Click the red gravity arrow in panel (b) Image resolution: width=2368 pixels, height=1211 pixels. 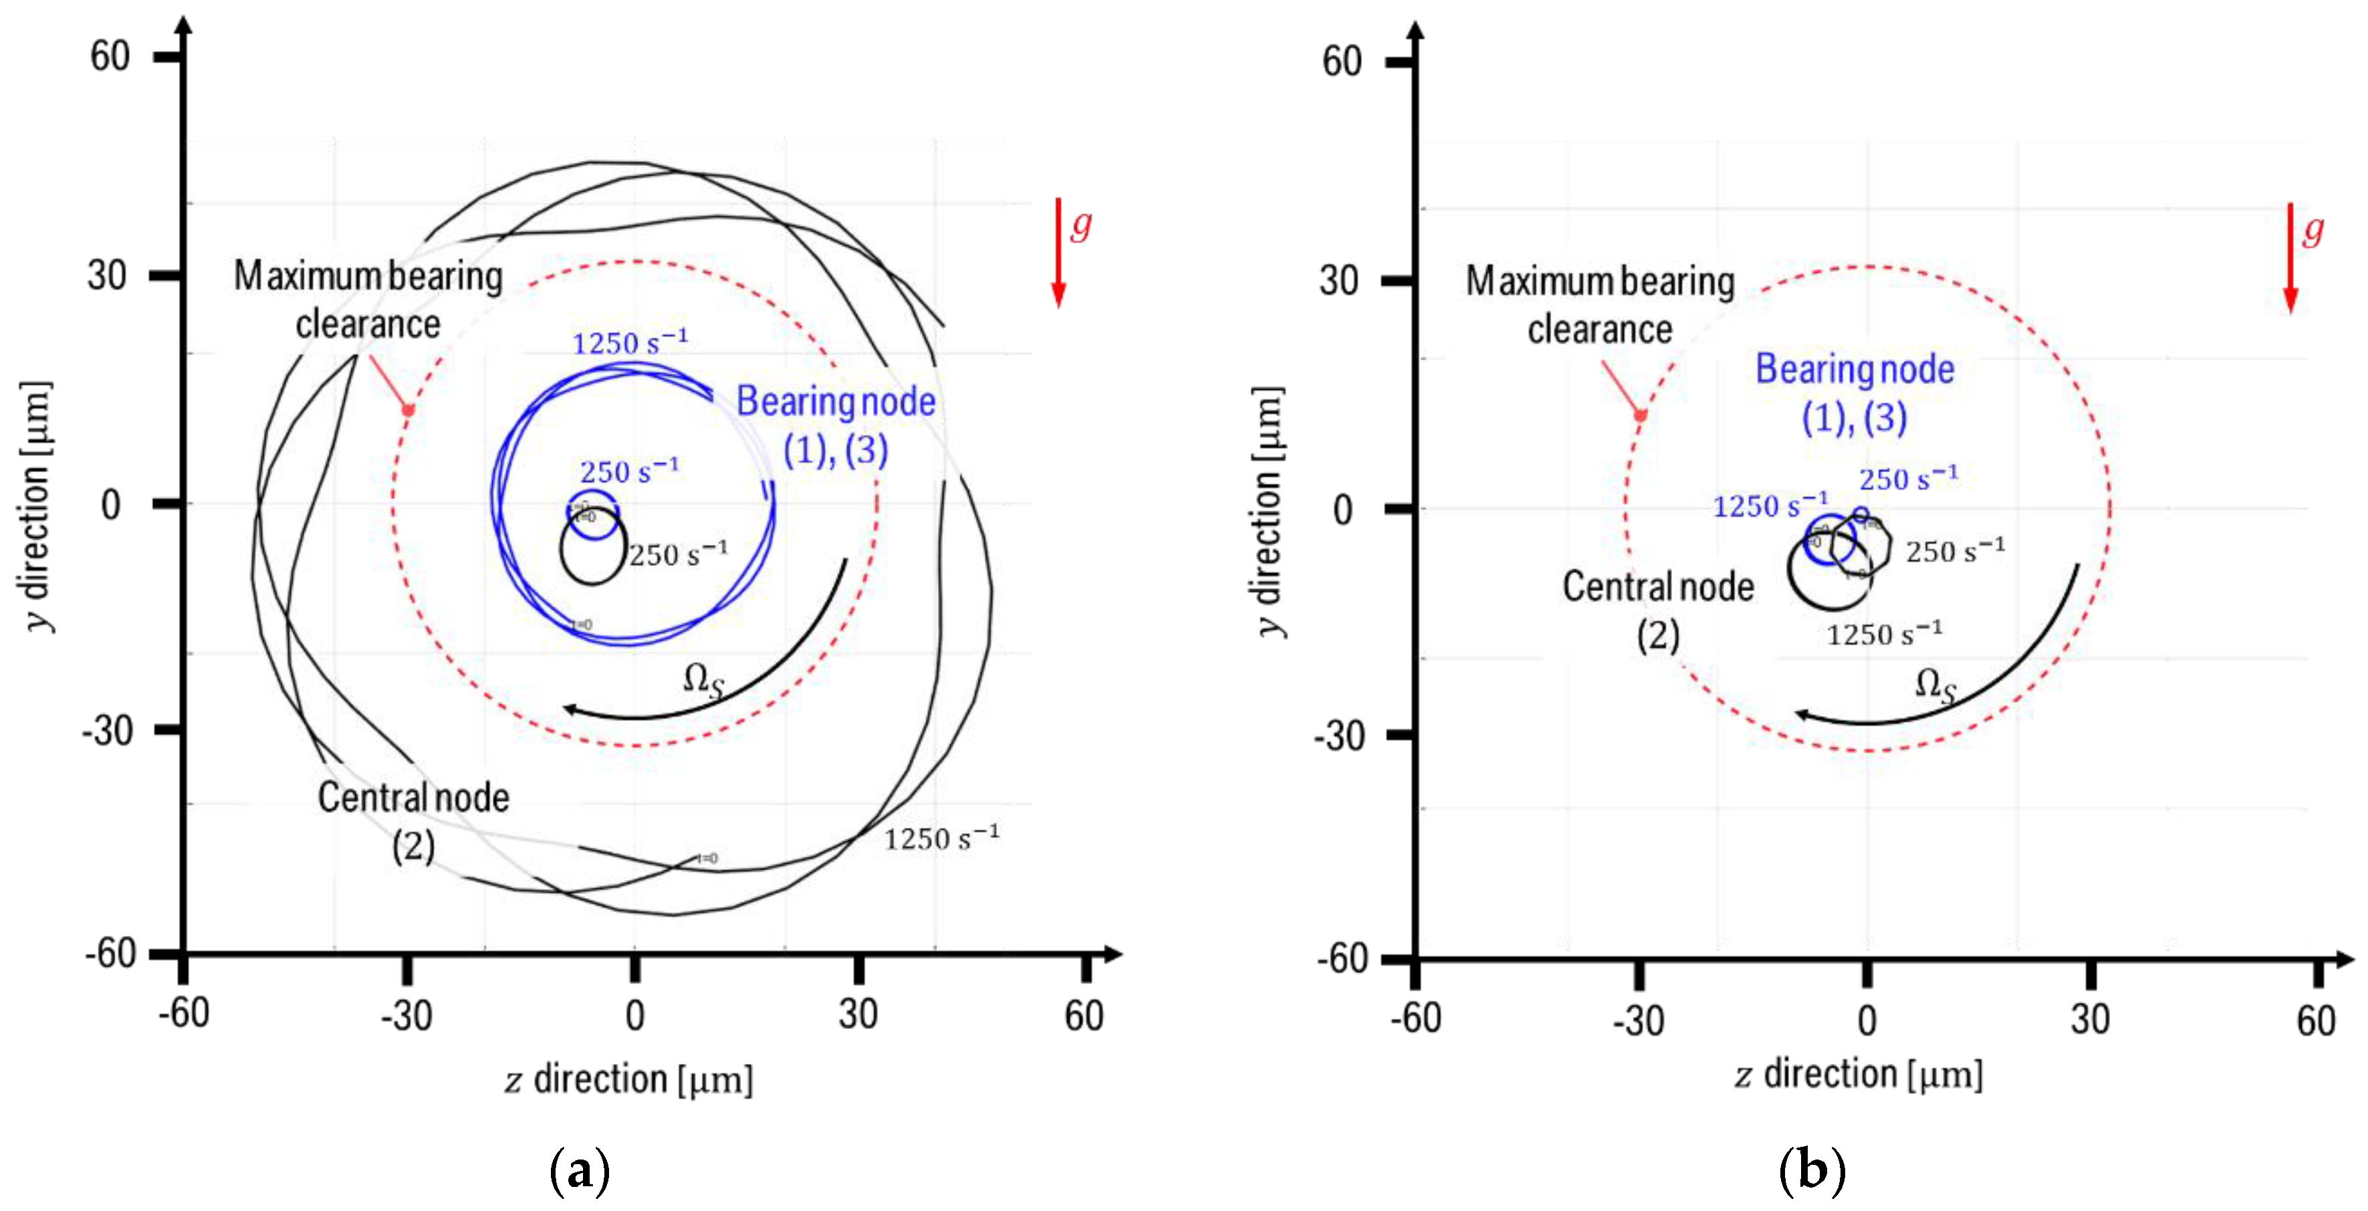tap(2290, 257)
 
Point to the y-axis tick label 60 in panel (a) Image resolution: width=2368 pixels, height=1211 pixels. tap(110, 57)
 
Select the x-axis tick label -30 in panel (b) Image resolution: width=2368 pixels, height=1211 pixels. tap(1638, 1020)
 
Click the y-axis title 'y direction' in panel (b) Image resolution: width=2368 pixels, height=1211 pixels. tap(1269, 510)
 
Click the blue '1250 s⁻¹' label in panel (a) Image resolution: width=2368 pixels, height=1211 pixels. tap(630, 342)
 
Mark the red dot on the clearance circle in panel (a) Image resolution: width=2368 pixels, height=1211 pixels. tap(408, 410)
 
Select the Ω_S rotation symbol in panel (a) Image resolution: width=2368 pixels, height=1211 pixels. tap(703, 681)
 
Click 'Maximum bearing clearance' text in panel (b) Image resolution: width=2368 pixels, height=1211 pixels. tap(1599, 304)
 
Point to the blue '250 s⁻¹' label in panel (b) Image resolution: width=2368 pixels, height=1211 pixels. tap(1908, 478)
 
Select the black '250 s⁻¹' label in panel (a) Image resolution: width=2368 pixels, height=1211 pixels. tap(679, 554)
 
